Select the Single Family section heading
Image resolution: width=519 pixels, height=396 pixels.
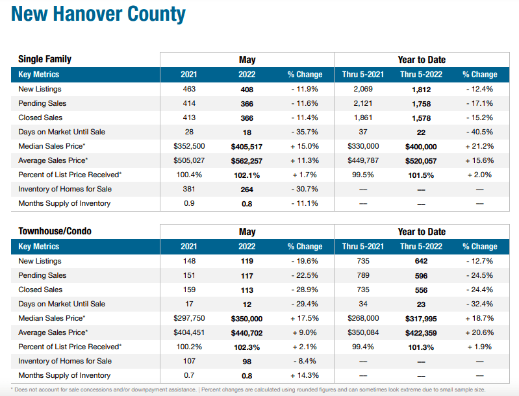point(45,59)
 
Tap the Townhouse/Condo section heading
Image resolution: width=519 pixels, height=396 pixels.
point(55,231)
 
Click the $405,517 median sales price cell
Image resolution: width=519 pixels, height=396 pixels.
point(247,146)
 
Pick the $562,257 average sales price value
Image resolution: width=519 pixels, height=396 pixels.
point(247,160)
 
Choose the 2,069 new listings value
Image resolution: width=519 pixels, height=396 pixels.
point(363,89)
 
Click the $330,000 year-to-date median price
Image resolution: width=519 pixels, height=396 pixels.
point(363,146)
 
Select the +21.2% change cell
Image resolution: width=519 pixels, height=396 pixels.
point(479,146)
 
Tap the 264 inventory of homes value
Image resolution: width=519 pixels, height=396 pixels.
point(247,189)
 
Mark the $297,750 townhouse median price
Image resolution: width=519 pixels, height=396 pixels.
point(189,318)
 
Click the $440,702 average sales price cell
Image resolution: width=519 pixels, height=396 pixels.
point(247,332)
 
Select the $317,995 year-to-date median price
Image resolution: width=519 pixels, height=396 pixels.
point(421,318)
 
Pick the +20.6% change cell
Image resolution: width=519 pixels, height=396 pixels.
point(479,332)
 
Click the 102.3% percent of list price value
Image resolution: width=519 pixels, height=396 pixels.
point(247,347)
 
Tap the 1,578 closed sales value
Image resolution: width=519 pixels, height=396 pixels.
point(421,118)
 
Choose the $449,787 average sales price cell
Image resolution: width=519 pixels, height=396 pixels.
point(363,160)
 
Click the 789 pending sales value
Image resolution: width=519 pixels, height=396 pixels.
point(363,275)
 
